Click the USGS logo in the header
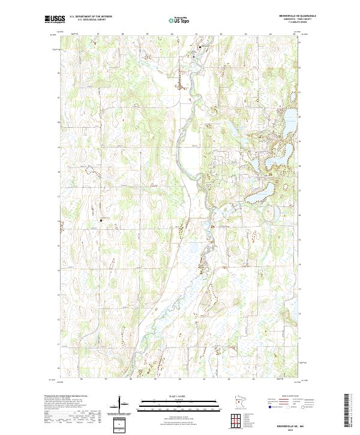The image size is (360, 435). tap(55, 19)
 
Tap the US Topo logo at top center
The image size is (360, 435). tap(179, 20)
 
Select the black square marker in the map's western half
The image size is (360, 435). tap(101, 220)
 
